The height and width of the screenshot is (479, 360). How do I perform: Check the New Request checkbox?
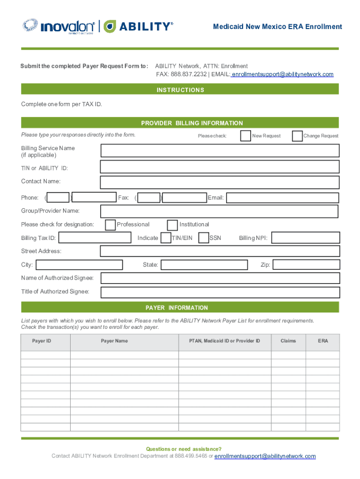tap(245, 136)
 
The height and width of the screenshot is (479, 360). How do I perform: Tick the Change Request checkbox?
tap(297, 136)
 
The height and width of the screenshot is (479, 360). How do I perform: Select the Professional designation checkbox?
tap(110, 225)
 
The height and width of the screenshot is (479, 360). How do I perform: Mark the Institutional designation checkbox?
tap(173, 225)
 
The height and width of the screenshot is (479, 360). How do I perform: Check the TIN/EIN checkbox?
tap(166, 238)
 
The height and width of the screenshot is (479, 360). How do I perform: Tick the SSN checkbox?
tap(203, 238)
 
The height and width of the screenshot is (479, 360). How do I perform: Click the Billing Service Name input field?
tap(220, 151)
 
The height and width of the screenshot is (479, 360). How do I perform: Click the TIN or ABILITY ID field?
tap(220, 167)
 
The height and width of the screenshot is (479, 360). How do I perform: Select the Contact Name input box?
tap(220, 181)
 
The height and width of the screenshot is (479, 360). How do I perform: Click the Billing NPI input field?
tap(306, 238)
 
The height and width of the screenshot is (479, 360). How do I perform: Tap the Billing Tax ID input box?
tap(95, 238)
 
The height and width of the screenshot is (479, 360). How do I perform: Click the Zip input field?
tap(306, 265)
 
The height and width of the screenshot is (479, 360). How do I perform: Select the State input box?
tap(203, 265)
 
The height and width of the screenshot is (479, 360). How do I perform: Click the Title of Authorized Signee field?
tap(220, 292)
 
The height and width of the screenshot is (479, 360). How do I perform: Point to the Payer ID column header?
tap(42, 341)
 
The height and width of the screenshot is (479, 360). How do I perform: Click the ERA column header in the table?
tap(323, 341)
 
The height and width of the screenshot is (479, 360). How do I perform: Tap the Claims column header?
tap(288, 341)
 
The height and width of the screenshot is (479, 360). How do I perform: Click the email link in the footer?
tap(265, 457)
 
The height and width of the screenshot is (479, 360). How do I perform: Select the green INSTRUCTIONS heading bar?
tap(180, 90)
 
